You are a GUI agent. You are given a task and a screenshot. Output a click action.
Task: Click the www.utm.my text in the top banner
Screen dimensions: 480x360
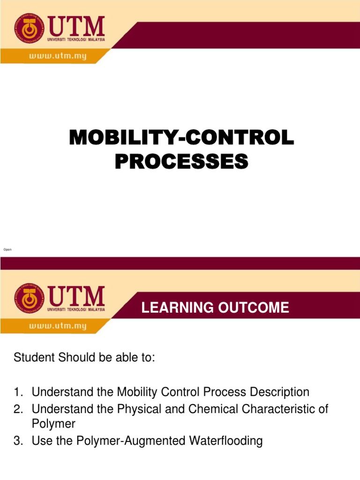click(x=58, y=56)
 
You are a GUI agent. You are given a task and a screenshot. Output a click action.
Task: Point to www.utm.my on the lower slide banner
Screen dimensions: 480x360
click(x=58, y=326)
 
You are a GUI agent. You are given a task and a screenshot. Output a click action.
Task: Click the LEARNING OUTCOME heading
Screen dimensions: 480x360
click(x=215, y=308)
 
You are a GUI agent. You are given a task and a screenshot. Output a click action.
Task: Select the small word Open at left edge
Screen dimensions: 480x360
click(x=7, y=249)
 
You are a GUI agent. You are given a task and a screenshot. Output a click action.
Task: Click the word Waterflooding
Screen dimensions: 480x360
click(x=222, y=441)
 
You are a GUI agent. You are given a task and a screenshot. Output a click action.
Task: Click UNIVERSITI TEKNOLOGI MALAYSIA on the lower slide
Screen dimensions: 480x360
click(x=76, y=309)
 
